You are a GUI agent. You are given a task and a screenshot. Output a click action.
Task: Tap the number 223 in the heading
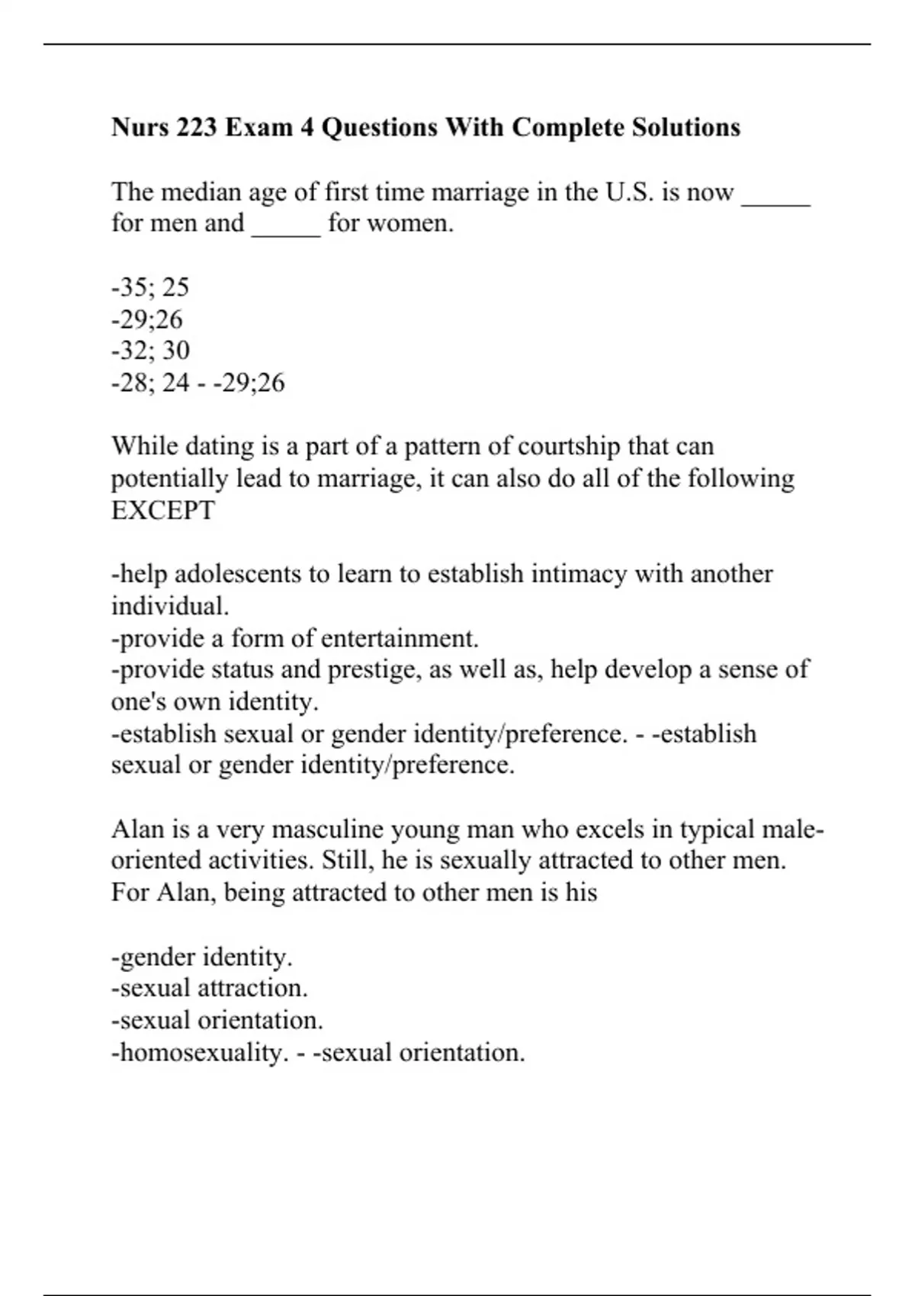tap(197, 127)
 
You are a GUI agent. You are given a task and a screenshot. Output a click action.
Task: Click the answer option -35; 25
tap(150, 287)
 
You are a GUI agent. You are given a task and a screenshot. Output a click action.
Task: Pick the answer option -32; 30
tap(150, 350)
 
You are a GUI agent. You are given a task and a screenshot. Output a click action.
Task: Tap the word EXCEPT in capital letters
tap(163, 510)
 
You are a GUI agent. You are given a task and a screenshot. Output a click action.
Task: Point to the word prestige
tap(373, 669)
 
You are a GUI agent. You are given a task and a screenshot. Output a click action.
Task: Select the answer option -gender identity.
tap(202, 956)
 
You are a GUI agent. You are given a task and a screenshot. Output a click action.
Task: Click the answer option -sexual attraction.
tap(210, 988)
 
